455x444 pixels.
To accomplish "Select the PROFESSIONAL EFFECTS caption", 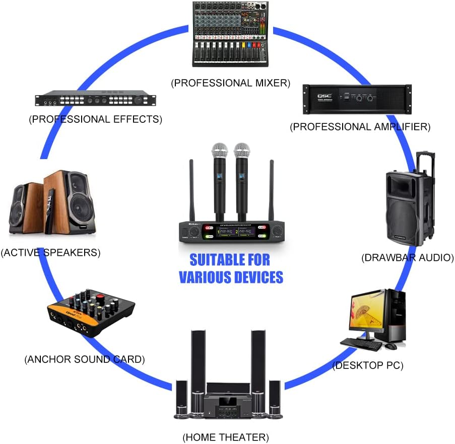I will coord(96,119).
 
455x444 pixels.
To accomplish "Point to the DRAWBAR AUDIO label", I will coord(407,258).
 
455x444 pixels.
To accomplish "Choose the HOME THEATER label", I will coord(225,436).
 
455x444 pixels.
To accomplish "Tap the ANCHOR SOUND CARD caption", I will coord(85,359).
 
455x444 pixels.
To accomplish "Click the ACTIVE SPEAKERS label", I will coord(51,253).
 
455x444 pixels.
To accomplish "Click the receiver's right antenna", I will coord(271,191).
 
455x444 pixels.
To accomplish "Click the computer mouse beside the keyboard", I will coord(391,346).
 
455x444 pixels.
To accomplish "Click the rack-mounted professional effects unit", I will coord(96,100).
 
